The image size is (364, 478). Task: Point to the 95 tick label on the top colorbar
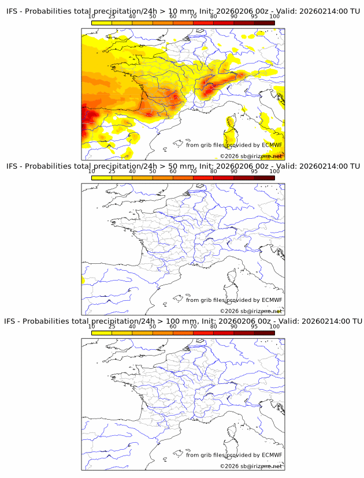(x=254, y=16)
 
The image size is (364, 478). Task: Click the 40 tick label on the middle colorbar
(x=132, y=171)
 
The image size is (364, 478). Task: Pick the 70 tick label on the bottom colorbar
(x=193, y=326)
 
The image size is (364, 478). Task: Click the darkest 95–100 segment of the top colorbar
(x=264, y=22)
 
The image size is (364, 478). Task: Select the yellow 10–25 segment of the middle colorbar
(x=102, y=177)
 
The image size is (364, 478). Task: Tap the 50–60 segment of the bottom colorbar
(x=162, y=332)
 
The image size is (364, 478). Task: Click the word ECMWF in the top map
(x=272, y=145)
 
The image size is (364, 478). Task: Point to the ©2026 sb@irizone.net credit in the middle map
(x=251, y=311)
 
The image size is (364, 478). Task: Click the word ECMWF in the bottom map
(x=272, y=455)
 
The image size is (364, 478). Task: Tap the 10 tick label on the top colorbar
(x=92, y=16)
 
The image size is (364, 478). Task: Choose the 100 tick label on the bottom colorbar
(x=274, y=326)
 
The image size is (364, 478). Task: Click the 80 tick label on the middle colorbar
(x=213, y=171)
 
